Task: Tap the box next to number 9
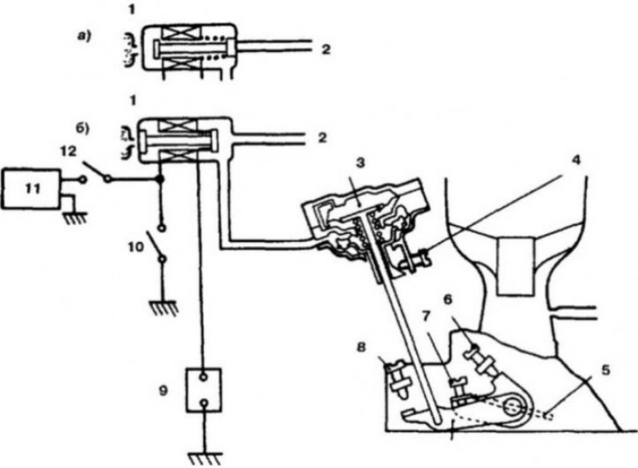point(203,391)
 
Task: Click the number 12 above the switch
point(68,152)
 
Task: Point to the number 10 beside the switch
point(136,247)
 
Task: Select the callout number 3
point(360,163)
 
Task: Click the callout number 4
point(575,160)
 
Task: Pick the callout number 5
point(605,371)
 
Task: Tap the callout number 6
point(447,299)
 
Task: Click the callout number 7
point(426,316)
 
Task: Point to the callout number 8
point(361,347)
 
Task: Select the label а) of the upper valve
point(85,36)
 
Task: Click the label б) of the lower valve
point(83,128)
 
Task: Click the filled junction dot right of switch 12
point(160,179)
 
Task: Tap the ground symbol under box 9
point(205,458)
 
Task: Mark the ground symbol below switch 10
point(163,307)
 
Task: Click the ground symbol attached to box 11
point(74,218)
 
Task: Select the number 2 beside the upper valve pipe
point(325,50)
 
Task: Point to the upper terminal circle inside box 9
point(203,378)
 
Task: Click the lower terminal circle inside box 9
point(204,403)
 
